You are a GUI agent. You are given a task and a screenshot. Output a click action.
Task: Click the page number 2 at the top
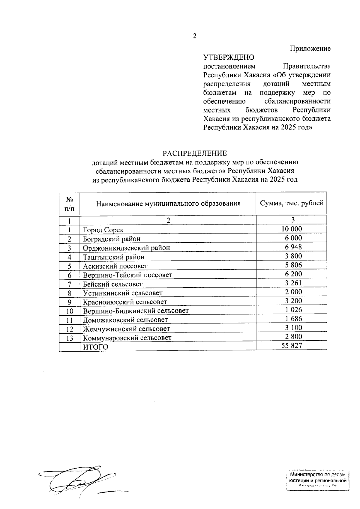click(x=194, y=36)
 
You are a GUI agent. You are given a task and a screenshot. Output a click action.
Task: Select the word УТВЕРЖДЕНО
click(x=229, y=57)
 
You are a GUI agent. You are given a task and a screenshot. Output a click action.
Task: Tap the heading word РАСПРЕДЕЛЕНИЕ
click(x=195, y=153)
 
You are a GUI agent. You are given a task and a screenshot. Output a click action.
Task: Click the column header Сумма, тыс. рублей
click(x=292, y=203)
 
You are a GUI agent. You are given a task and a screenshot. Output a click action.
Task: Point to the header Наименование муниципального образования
click(x=168, y=204)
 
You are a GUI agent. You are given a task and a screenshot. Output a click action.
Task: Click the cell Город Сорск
click(x=103, y=230)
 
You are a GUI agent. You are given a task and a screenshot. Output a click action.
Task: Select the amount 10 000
click(x=292, y=229)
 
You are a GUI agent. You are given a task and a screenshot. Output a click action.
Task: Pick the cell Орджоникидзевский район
click(x=126, y=248)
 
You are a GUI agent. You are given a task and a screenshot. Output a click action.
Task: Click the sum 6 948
click(x=292, y=247)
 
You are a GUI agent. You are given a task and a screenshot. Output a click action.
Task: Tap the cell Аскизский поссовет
click(x=115, y=266)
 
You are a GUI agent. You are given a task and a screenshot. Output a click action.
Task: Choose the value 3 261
click(x=292, y=283)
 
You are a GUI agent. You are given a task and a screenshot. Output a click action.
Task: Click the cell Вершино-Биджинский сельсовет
click(x=136, y=311)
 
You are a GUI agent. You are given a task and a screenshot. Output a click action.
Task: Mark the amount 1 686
click(x=292, y=319)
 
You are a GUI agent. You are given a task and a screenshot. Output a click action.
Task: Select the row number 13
click(x=70, y=338)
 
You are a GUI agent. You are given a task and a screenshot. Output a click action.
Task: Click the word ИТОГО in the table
click(x=95, y=347)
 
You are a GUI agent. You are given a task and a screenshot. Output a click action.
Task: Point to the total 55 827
click(x=292, y=346)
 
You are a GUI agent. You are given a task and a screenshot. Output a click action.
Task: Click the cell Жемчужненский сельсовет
click(x=126, y=329)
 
